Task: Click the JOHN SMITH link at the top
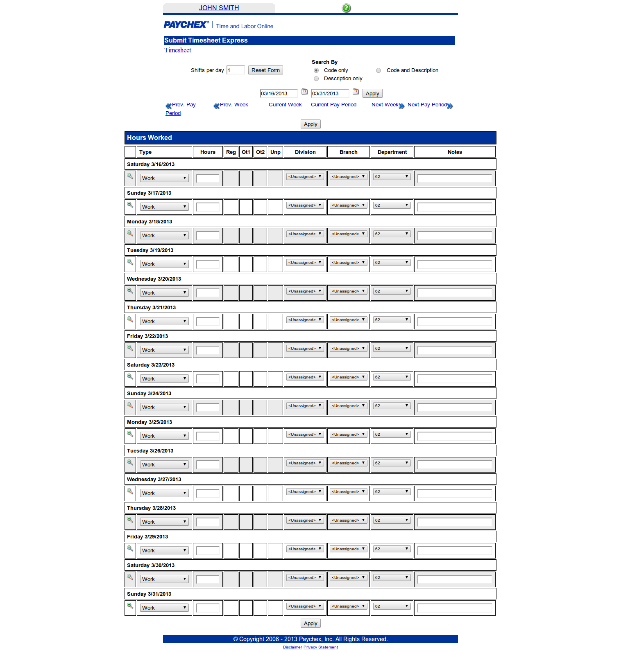[x=219, y=8]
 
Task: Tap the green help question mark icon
[x=346, y=8]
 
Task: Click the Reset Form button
[x=265, y=70]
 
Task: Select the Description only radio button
[x=316, y=79]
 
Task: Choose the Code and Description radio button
[x=378, y=70]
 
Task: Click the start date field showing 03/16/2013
[x=279, y=94]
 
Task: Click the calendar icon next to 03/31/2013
[x=356, y=92]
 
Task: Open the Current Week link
[x=285, y=105]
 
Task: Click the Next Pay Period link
[x=427, y=105]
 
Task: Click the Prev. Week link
[x=234, y=105]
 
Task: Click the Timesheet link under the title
[x=177, y=50]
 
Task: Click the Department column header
[x=392, y=152]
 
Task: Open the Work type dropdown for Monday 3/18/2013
[x=164, y=236]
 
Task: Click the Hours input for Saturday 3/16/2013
[x=208, y=178]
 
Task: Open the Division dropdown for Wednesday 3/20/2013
[x=305, y=291]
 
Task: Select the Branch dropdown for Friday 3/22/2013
[x=348, y=349]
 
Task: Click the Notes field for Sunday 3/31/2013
[x=455, y=608]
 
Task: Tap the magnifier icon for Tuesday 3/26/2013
[x=130, y=463]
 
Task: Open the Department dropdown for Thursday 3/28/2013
[x=392, y=520]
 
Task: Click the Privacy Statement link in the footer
[x=321, y=647]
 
